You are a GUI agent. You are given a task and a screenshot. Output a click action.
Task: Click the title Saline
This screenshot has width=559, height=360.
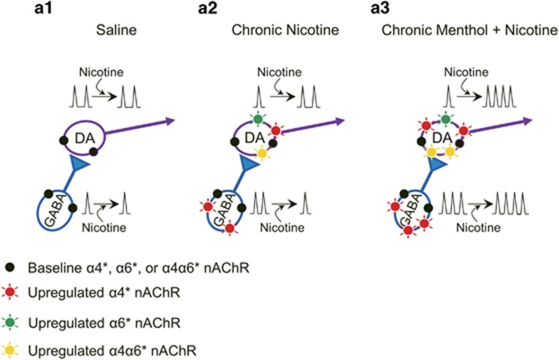[x=115, y=31]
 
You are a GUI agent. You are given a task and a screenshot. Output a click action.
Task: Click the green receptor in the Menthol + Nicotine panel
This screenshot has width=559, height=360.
[x=446, y=118]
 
